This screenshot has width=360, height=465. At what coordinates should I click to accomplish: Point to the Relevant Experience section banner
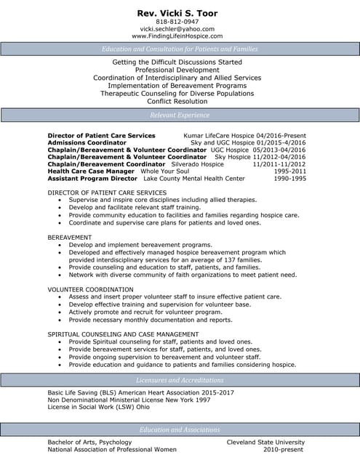pos(180,115)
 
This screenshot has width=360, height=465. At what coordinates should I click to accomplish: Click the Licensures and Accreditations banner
pos(180,379)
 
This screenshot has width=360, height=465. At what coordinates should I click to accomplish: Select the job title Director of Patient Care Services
pos(101,136)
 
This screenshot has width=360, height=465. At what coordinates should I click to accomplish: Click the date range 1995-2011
pos(289,171)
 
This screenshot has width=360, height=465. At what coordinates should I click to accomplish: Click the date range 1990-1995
pos(289,178)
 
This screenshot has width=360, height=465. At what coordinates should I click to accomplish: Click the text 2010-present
pos(284,449)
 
